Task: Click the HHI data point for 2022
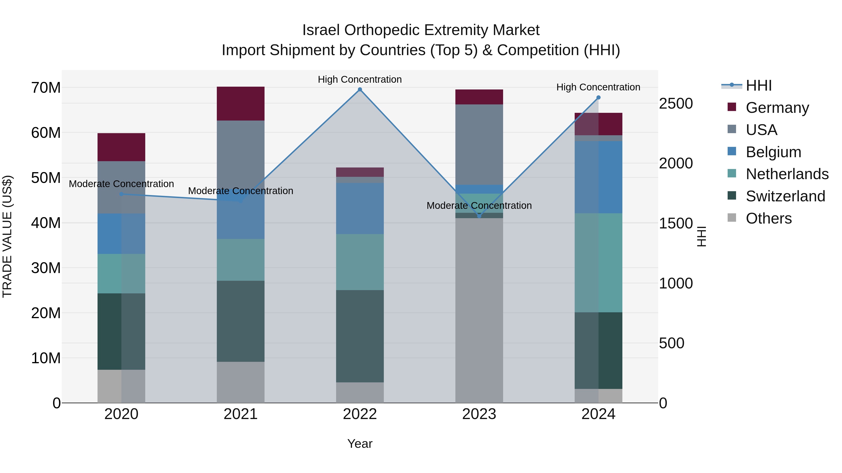pyautogui.click(x=360, y=89)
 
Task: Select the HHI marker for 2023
pyautogui.click(x=479, y=216)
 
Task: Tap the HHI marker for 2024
pyautogui.click(x=599, y=97)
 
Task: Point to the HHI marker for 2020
pyautogui.click(x=121, y=194)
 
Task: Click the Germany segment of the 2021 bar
pyautogui.click(x=241, y=103)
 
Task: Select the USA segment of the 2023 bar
pyautogui.click(x=479, y=145)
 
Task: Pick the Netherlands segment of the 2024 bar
pyautogui.click(x=599, y=263)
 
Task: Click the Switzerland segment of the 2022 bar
pyautogui.click(x=360, y=336)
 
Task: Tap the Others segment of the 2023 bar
pyautogui.click(x=479, y=310)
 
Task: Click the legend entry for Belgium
pyautogui.click(x=773, y=152)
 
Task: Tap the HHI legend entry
pyautogui.click(x=758, y=85)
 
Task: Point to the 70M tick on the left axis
pyautogui.click(x=46, y=88)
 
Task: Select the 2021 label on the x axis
pyautogui.click(x=241, y=414)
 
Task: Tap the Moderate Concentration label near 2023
pyautogui.click(x=479, y=206)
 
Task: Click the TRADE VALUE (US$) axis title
pyautogui.click(x=7, y=236)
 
